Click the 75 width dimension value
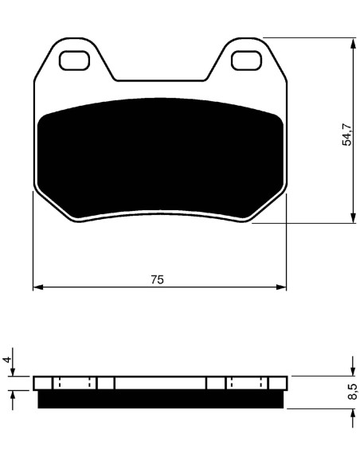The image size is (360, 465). pyautogui.click(x=157, y=279)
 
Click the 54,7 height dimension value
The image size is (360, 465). pyautogui.click(x=347, y=135)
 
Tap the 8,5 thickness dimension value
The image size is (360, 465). pyautogui.click(x=351, y=392)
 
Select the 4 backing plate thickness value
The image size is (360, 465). pyautogui.click(x=7, y=359)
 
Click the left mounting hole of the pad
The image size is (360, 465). pyautogui.click(x=74, y=61)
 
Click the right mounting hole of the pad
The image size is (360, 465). pyautogui.click(x=246, y=61)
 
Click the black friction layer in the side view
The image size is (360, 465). pyautogui.click(x=160, y=399)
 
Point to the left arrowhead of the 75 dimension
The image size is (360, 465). pyautogui.click(x=38, y=287)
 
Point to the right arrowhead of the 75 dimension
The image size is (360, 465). pyautogui.click(x=281, y=287)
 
